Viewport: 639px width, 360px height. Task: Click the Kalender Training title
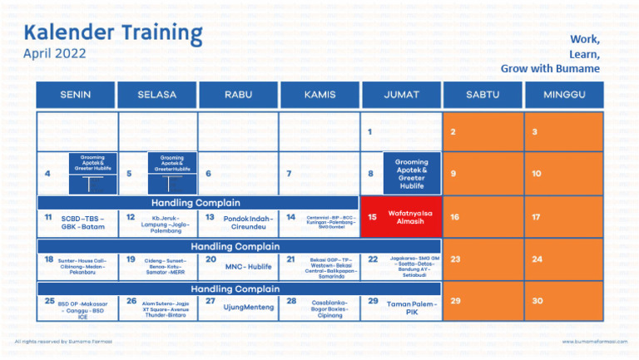(113, 32)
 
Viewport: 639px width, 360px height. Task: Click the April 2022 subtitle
(55, 54)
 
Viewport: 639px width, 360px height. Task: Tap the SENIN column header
(76, 95)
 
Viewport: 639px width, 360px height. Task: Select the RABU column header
(239, 95)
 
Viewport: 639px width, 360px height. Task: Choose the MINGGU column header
(565, 95)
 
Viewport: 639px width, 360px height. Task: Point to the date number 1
(369, 131)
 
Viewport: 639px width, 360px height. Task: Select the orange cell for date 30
(565, 301)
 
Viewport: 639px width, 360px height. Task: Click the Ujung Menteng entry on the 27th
(248, 307)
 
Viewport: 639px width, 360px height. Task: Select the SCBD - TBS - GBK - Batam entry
(83, 222)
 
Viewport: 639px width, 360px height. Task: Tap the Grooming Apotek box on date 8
(411, 174)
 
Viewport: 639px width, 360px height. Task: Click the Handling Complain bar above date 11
(196, 203)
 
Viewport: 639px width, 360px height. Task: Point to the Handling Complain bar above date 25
(236, 288)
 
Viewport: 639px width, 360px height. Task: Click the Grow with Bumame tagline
(550, 67)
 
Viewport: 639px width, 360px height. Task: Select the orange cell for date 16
(483, 218)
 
